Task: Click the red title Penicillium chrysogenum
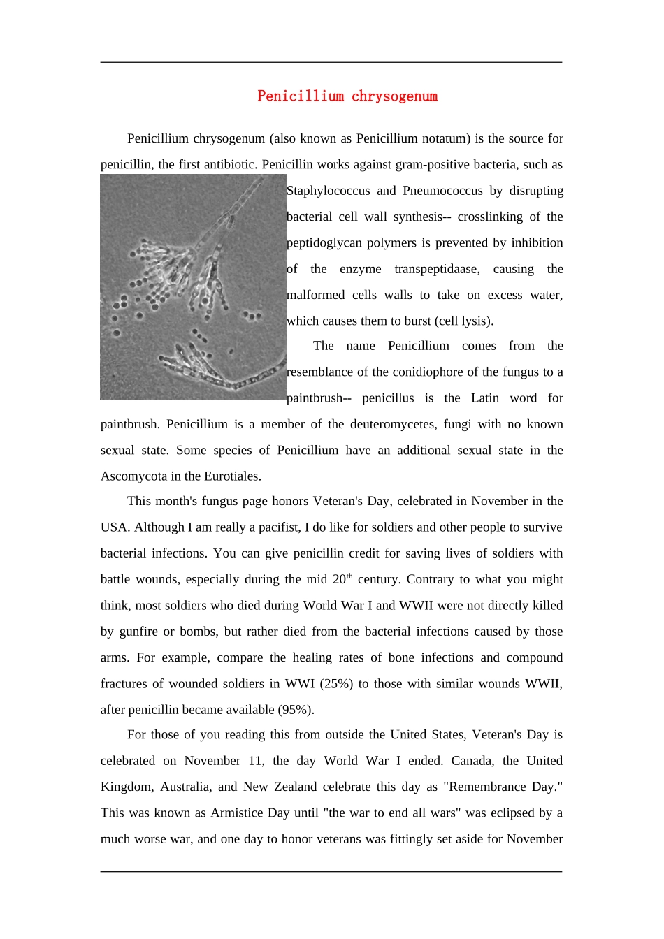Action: (347, 96)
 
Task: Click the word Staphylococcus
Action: (328, 191)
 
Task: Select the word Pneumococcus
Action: (442, 191)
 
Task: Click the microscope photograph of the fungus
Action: (193, 287)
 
